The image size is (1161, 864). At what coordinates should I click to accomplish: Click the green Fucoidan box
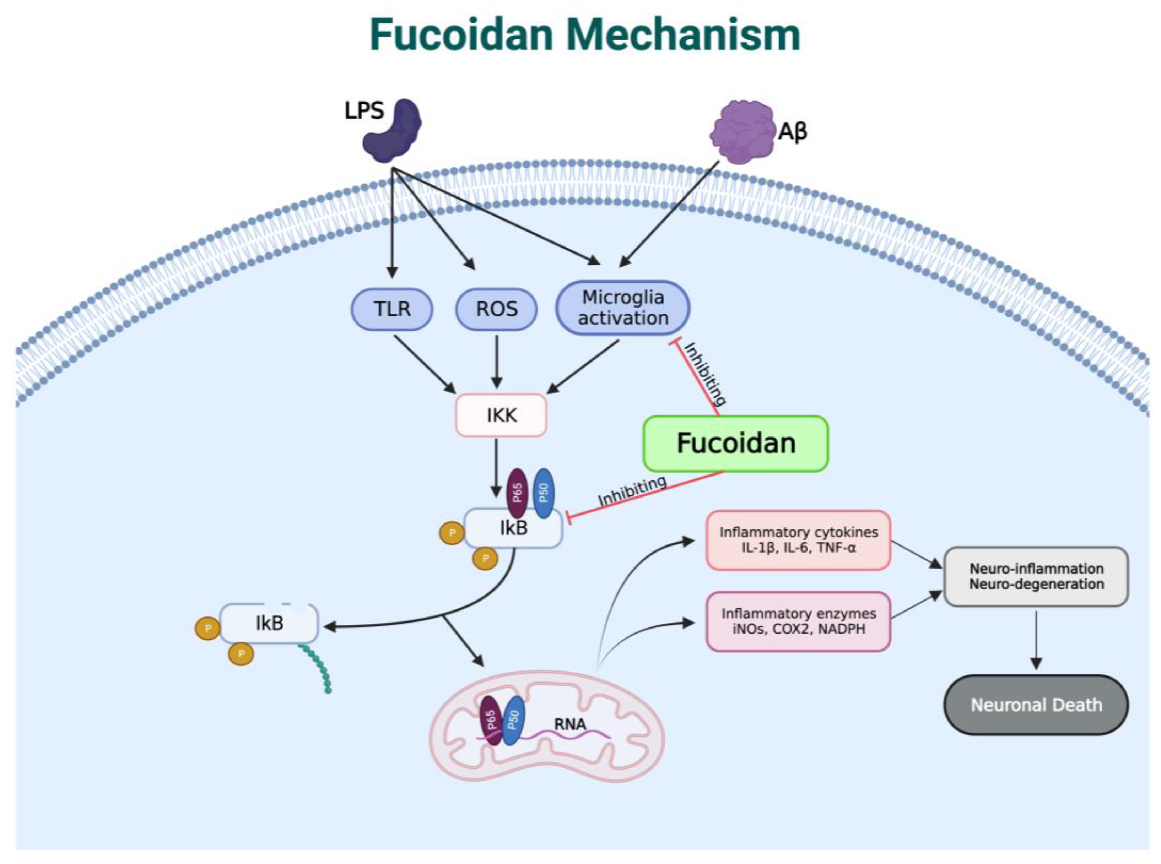click(735, 443)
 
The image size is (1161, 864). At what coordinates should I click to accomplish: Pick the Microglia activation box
click(623, 308)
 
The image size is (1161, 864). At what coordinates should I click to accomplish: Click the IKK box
click(501, 415)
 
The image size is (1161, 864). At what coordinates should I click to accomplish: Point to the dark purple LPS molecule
click(393, 130)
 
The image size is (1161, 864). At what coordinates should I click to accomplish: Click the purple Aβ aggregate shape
click(742, 132)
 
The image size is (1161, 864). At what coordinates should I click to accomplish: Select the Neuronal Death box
click(1036, 705)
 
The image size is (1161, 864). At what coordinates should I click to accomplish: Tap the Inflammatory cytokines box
click(798, 540)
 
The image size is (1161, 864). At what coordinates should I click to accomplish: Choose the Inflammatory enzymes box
click(798, 621)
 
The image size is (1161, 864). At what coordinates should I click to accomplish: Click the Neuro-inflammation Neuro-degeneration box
click(1036, 576)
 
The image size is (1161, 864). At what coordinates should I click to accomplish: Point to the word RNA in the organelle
click(570, 724)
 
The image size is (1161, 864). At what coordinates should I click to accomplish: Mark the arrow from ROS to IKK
click(497, 362)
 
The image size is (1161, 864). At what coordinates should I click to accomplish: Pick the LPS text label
click(364, 111)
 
